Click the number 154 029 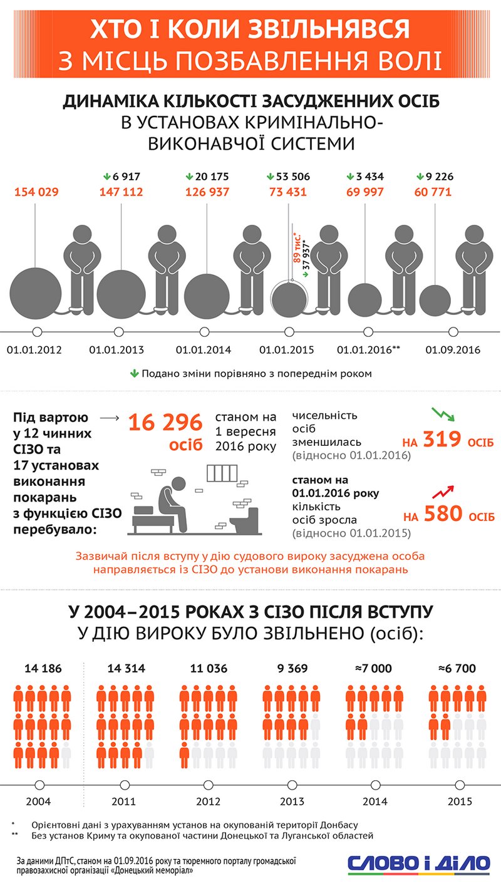37,192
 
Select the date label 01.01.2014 204,349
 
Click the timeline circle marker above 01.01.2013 119,332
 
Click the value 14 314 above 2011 123,669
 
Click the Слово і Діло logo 419,862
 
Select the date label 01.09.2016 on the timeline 453,349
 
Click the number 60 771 432,192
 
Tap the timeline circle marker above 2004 38,785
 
